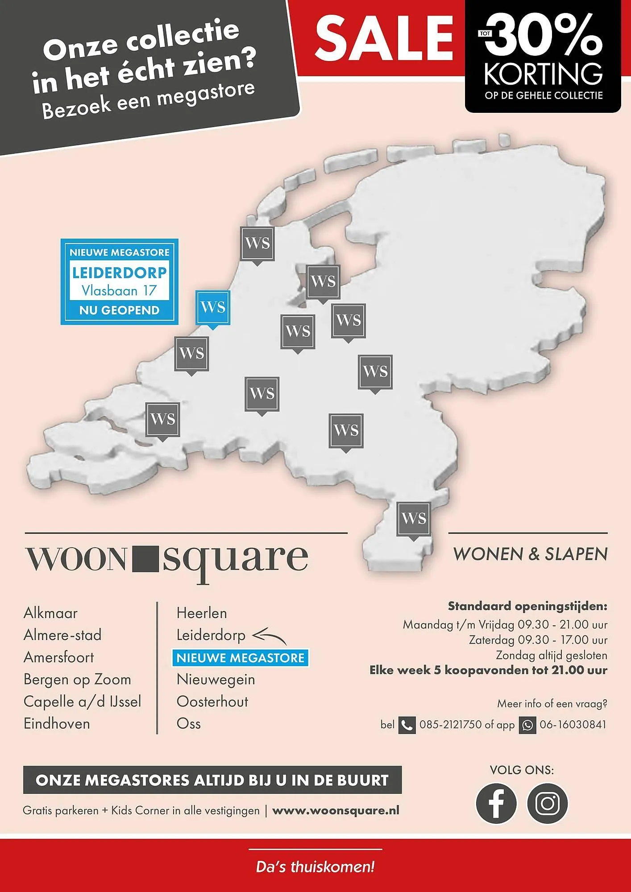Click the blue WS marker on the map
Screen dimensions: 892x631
click(x=213, y=307)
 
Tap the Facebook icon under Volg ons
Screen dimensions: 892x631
click(x=496, y=803)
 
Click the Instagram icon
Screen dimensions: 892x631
click(x=548, y=803)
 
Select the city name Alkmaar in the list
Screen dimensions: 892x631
click(x=50, y=613)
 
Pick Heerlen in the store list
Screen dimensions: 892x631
click(x=202, y=613)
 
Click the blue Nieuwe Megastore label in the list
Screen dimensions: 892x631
click(x=240, y=658)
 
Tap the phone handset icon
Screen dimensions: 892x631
click(x=407, y=725)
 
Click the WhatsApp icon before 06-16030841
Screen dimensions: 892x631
click(x=527, y=725)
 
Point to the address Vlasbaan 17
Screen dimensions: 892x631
click(x=119, y=291)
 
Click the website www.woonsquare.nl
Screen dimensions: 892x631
click(x=336, y=810)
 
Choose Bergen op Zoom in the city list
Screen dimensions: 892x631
click(x=77, y=679)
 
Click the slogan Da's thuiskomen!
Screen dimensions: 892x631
click(x=315, y=867)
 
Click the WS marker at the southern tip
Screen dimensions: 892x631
click(x=414, y=519)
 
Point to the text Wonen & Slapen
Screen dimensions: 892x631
click(x=530, y=554)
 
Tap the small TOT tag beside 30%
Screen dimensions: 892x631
click(x=485, y=33)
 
